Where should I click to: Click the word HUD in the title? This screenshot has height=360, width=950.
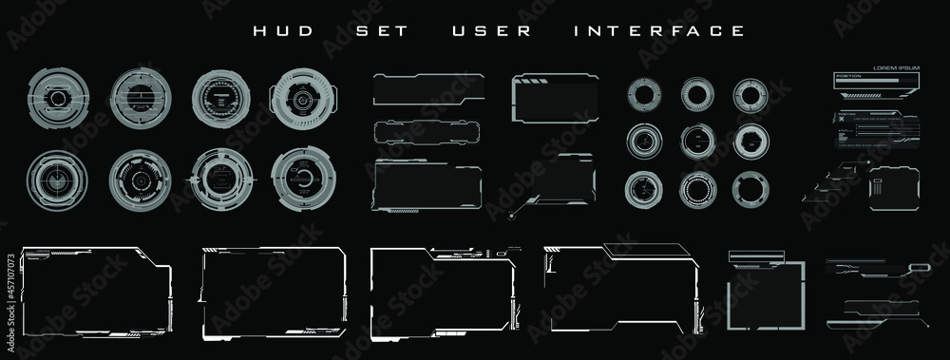[x=272, y=30]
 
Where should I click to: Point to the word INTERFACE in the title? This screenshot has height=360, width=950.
[x=659, y=30]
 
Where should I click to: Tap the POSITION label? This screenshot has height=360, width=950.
[x=848, y=74]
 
